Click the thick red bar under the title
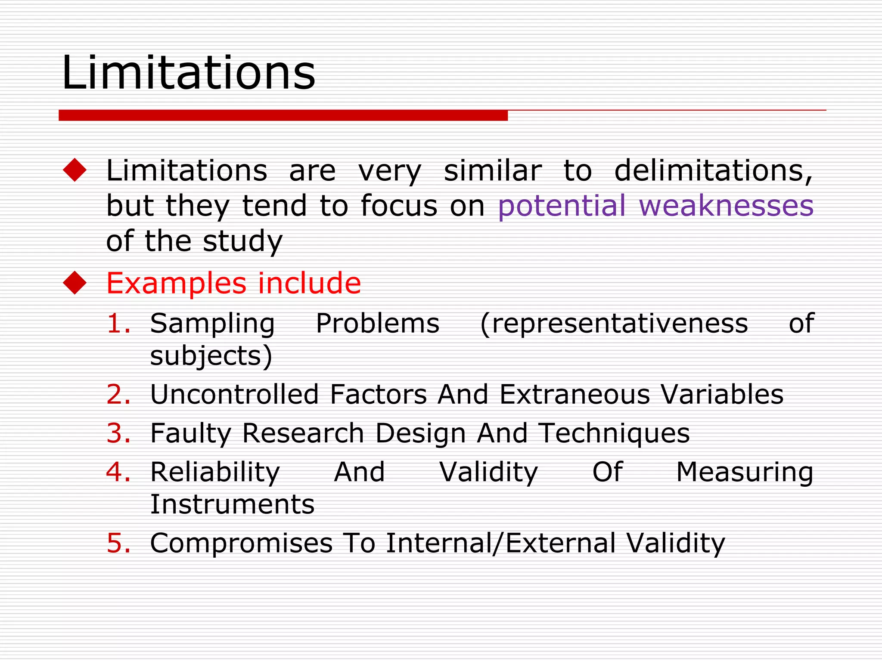(x=283, y=115)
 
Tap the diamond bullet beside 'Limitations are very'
(x=75, y=170)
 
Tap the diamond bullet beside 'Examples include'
(x=75, y=283)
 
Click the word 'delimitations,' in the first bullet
(x=713, y=171)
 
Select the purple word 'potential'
(x=562, y=205)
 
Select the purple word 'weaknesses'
(x=726, y=205)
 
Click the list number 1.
(x=118, y=323)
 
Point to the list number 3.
(x=118, y=433)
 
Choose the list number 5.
(x=118, y=543)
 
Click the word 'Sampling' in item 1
(x=212, y=324)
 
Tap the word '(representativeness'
(x=614, y=323)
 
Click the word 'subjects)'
(x=211, y=356)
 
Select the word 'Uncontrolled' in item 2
(x=234, y=394)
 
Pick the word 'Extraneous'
(x=575, y=394)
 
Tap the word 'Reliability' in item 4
(x=215, y=473)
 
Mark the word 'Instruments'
(x=232, y=504)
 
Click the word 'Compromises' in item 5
(x=241, y=543)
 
